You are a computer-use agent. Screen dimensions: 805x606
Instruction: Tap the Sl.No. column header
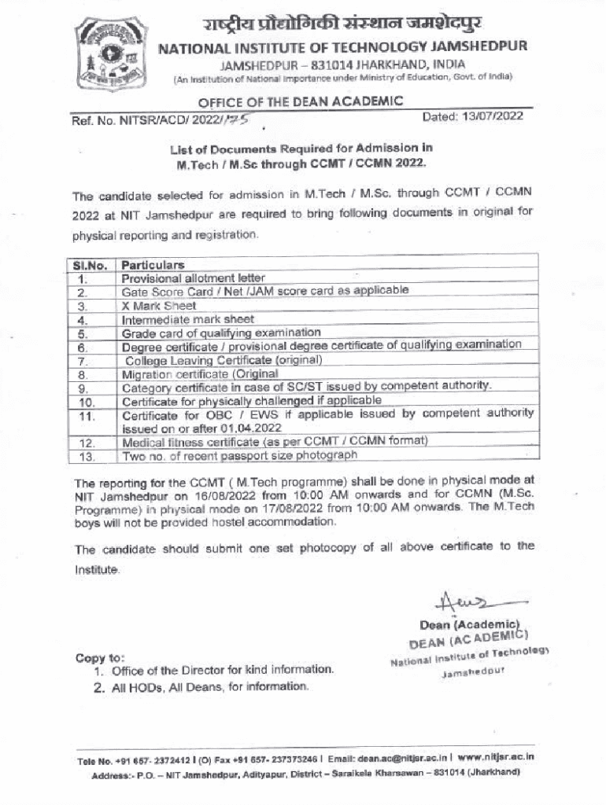(90, 265)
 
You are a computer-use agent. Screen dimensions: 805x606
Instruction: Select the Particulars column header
(153, 265)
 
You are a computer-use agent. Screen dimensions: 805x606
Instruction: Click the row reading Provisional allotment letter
(193, 278)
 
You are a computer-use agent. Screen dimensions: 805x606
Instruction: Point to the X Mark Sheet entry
(158, 306)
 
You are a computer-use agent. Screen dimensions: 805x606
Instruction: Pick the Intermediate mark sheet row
(187, 319)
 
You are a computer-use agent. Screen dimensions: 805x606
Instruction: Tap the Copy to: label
(100, 657)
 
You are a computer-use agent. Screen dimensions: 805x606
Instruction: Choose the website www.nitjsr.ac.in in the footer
(497, 757)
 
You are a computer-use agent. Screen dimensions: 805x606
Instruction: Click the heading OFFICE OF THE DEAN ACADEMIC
(300, 101)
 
